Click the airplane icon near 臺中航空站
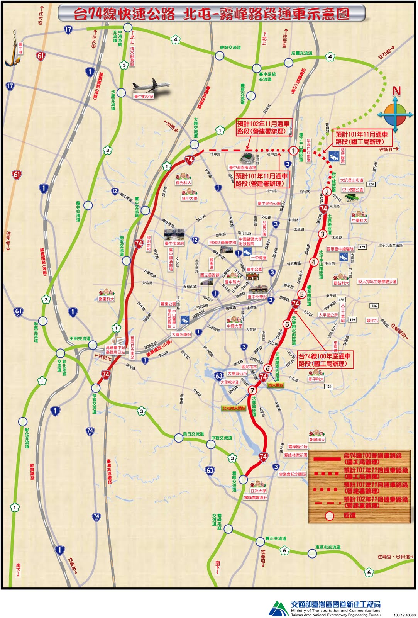tap(151, 86)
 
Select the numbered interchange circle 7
tap(252, 390)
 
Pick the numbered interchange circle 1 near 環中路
tap(293, 151)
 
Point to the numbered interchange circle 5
tap(302, 294)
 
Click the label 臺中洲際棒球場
tap(242, 168)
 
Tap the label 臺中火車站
tap(257, 297)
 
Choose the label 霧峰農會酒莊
tap(256, 497)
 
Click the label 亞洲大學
tap(258, 491)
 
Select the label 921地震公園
tap(352, 190)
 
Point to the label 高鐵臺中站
tap(115, 348)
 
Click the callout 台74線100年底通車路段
tap(325, 360)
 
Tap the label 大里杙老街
tap(230, 382)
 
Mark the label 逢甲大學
tap(190, 198)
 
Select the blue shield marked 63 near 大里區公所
tap(219, 375)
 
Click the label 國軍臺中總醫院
tap(340, 249)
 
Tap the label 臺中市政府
tap(174, 243)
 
